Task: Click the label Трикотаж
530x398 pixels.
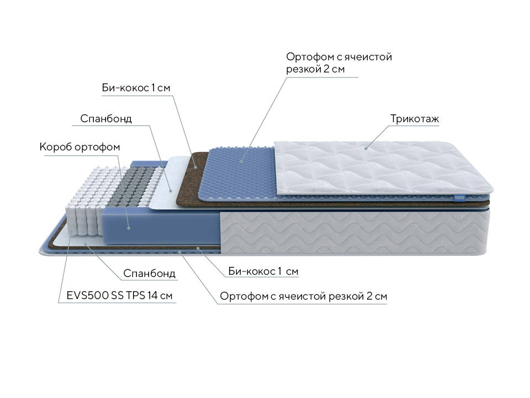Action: (x=415, y=119)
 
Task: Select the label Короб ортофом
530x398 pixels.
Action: (x=79, y=147)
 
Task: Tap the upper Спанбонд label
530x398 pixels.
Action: (x=106, y=119)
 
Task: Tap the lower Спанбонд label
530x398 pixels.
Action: (x=149, y=273)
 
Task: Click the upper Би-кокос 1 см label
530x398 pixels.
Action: (x=136, y=88)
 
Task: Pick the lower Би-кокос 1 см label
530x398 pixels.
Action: (x=263, y=271)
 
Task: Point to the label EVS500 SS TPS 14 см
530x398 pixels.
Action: (x=119, y=295)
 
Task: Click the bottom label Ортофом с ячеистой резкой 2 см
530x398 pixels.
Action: (x=303, y=296)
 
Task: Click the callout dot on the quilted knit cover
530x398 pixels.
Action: (x=365, y=148)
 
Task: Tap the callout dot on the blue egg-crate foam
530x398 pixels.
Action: (x=241, y=161)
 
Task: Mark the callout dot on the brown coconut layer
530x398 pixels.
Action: (x=195, y=167)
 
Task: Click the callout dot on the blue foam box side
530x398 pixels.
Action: (x=129, y=228)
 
